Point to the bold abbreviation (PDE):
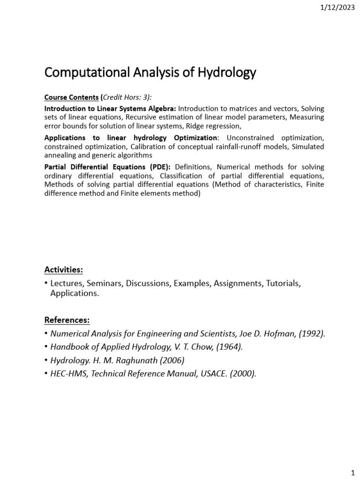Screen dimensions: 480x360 coord(158,167)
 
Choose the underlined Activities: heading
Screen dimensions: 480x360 coord(63,270)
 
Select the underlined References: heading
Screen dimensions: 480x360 coord(67,320)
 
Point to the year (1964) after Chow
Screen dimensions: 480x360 coord(226,347)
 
